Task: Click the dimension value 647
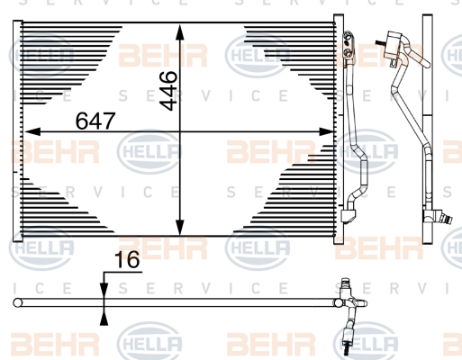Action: pyautogui.click(x=95, y=121)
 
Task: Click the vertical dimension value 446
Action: pyautogui.click(x=168, y=91)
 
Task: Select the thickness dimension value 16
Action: pyautogui.click(x=127, y=260)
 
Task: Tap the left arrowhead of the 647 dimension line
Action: pyautogui.click(x=32, y=131)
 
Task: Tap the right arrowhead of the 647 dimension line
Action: pyautogui.click(x=326, y=131)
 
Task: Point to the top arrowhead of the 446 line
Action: pyautogui.click(x=179, y=32)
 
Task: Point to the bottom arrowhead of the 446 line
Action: pyautogui.click(x=179, y=228)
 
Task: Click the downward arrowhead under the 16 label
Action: pyautogui.click(x=104, y=290)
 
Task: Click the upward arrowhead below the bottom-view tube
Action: pyautogui.click(x=104, y=317)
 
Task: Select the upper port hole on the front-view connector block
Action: pyautogui.click(x=347, y=38)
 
